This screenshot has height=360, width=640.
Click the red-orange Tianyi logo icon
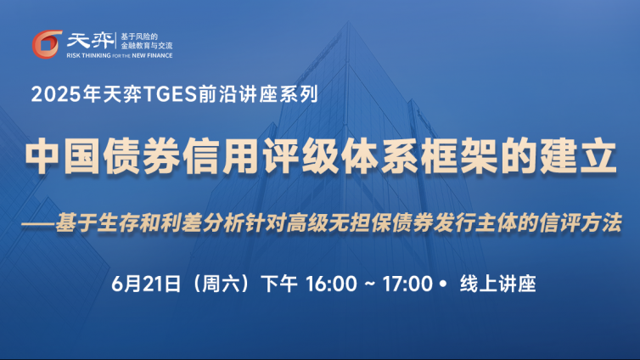(x=47, y=44)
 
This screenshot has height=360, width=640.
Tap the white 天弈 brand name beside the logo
(x=90, y=41)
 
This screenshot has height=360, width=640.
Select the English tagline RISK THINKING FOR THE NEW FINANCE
(x=120, y=55)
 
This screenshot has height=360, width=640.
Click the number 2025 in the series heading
(x=56, y=94)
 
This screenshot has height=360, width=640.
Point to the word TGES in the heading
(x=170, y=94)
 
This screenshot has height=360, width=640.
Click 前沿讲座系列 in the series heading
(x=258, y=94)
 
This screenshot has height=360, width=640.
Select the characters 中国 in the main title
(x=64, y=156)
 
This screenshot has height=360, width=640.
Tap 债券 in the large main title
(x=142, y=156)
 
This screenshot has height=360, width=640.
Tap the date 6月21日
(x=146, y=284)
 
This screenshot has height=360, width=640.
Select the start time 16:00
(x=331, y=284)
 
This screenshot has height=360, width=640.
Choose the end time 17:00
(x=407, y=284)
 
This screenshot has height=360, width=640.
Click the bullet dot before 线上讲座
(x=443, y=284)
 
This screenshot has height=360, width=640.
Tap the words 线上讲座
(x=497, y=284)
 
